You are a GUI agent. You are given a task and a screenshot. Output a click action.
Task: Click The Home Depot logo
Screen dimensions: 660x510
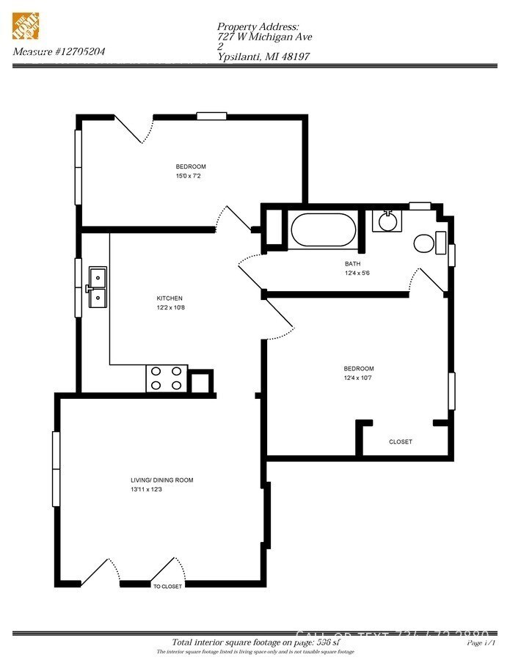(x=26, y=26)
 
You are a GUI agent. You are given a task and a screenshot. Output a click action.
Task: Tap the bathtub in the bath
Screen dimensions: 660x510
(x=323, y=230)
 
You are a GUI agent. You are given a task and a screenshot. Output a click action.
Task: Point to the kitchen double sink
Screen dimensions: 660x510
(x=97, y=287)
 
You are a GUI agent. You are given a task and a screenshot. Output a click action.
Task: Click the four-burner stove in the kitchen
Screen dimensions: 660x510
(x=167, y=378)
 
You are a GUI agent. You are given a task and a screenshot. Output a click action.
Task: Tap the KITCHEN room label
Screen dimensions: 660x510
(x=170, y=298)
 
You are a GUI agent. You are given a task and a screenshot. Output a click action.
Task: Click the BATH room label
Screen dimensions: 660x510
(x=352, y=264)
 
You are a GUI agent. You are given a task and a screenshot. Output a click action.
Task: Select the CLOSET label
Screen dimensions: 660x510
(x=400, y=442)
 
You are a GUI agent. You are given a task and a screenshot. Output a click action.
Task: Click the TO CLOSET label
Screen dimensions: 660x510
(x=167, y=586)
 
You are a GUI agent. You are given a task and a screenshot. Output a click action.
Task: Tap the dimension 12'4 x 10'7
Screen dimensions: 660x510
(x=359, y=378)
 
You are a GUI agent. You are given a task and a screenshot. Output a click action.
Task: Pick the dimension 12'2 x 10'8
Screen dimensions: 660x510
(x=170, y=308)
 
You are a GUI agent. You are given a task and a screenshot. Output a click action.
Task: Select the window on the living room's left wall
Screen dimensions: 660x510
(x=56, y=469)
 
